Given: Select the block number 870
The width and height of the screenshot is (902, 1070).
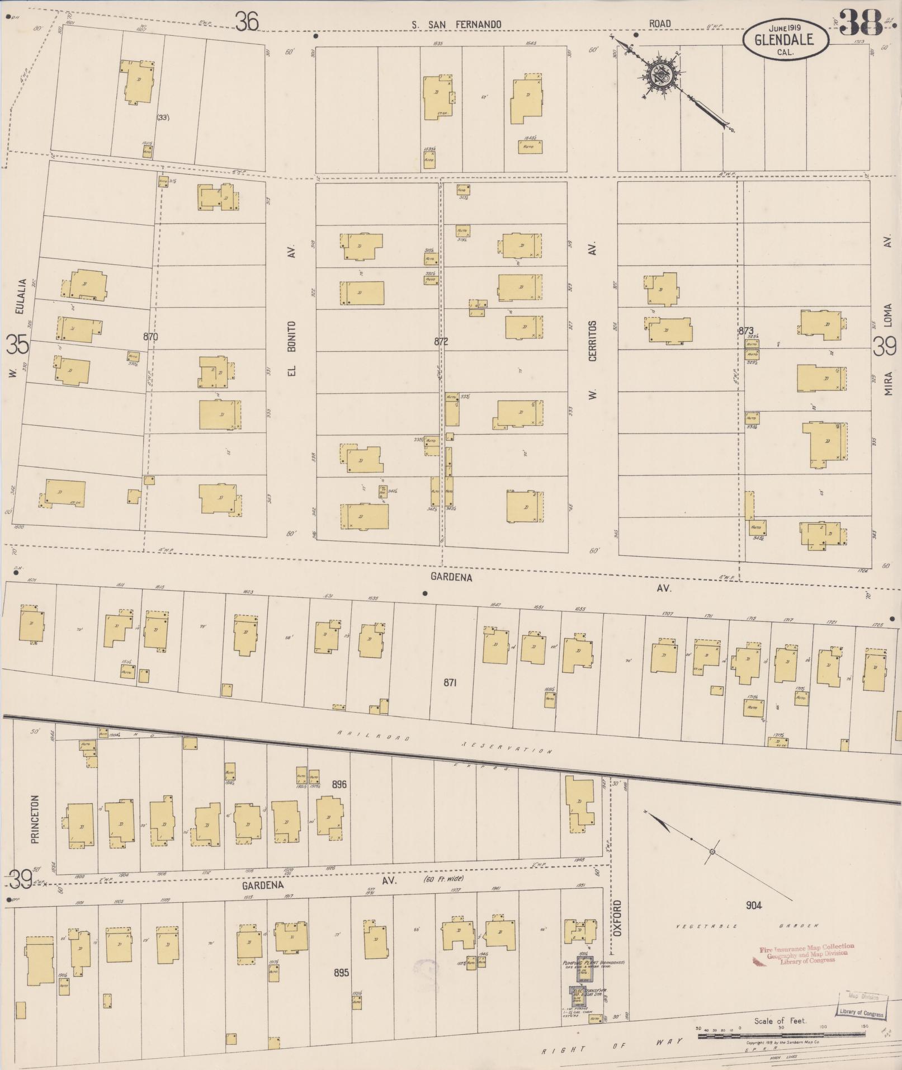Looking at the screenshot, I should coord(150,337).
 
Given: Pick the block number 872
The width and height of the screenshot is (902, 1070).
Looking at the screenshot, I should coord(441,341).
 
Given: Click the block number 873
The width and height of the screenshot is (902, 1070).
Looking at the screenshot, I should coord(746,331).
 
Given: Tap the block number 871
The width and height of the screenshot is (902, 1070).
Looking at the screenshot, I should coord(451,682).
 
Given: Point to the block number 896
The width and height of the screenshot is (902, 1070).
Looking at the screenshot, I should coord(339,784).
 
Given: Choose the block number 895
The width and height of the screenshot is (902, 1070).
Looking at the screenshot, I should coord(341,973).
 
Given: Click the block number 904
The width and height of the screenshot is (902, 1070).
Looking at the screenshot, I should coord(753,905).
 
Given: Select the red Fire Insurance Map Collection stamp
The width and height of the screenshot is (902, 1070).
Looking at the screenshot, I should coord(805,953).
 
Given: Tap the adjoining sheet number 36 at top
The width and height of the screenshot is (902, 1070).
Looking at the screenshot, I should coord(247,22).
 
